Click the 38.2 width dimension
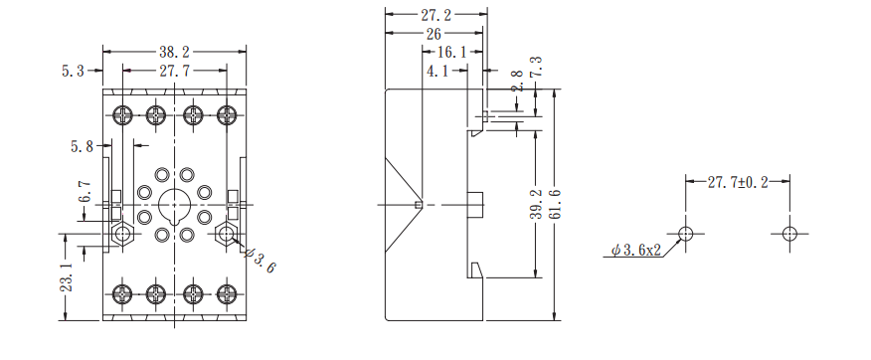174,53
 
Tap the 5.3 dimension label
73,71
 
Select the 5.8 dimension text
82,146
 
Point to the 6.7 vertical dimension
84,191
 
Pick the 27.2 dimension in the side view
436,15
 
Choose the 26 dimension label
434,34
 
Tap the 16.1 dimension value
452,53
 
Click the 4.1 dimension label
438,72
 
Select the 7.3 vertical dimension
537,67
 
